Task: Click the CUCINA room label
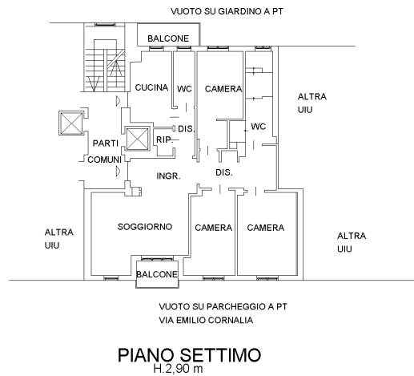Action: (x=151, y=87)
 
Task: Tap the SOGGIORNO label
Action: (x=145, y=227)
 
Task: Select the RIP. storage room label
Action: (x=165, y=139)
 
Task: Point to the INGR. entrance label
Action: (x=168, y=176)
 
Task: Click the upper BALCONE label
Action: (x=168, y=38)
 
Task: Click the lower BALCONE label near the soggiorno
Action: (x=157, y=274)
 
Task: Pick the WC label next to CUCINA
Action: (x=184, y=89)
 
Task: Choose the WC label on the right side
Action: (x=259, y=127)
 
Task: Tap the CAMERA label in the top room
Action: (x=223, y=89)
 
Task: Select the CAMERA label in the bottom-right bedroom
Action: (x=266, y=228)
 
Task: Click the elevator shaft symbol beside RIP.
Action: (x=138, y=139)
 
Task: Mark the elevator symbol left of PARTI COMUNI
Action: (x=71, y=123)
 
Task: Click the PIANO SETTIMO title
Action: (x=189, y=355)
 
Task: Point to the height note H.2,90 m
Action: (x=178, y=369)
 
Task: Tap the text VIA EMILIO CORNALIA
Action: (x=206, y=320)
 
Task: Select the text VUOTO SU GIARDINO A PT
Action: (x=227, y=11)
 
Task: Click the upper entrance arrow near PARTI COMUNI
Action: (x=118, y=101)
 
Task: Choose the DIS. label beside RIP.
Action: (x=186, y=129)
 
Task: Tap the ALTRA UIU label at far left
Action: (x=59, y=239)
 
